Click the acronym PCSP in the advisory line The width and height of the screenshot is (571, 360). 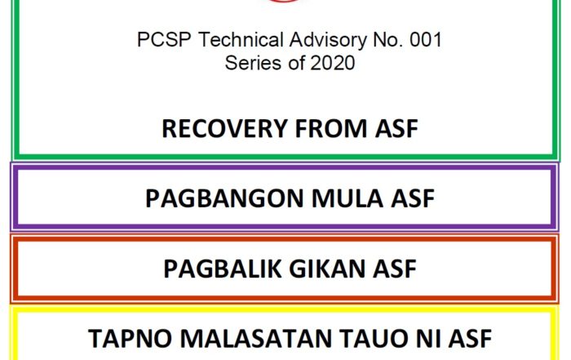[x=164, y=39]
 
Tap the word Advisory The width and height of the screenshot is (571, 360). [x=328, y=40]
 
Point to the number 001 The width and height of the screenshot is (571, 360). [x=426, y=39]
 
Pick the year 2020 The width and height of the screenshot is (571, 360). [x=333, y=63]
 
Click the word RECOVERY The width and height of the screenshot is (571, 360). [x=224, y=129]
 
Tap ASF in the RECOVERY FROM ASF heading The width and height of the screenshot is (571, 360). [x=396, y=129]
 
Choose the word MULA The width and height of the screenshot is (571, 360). [x=347, y=198]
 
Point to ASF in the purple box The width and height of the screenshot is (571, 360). [x=413, y=198]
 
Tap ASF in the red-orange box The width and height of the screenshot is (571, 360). [x=394, y=269]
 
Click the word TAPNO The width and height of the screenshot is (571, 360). [x=130, y=339]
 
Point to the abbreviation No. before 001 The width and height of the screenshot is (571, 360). [x=387, y=39]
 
